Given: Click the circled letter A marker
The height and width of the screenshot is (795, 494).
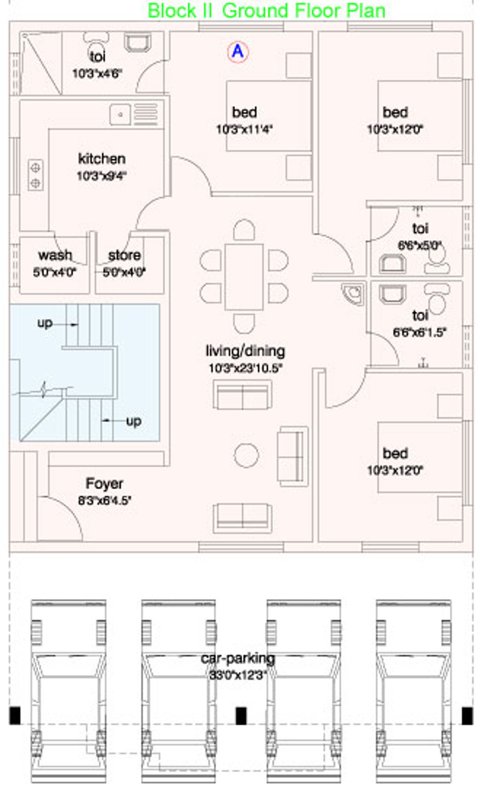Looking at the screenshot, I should [x=238, y=51].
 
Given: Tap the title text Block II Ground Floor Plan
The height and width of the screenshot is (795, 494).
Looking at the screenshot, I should [x=266, y=11].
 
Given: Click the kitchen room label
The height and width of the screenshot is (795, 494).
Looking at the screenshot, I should [x=102, y=159].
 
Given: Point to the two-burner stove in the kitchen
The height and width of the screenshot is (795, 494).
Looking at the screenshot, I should [x=36, y=176].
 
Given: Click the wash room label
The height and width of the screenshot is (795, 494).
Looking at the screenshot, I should [x=55, y=255].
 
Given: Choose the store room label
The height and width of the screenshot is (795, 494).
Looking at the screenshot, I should [x=124, y=255].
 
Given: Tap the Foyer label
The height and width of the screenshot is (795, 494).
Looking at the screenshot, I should [x=104, y=483].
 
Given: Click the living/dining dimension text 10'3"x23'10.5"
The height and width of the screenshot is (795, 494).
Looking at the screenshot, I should [x=245, y=368].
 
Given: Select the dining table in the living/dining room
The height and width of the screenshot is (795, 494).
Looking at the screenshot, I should [x=244, y=277].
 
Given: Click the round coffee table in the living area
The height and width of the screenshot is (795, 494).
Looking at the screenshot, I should [x=246, y=455].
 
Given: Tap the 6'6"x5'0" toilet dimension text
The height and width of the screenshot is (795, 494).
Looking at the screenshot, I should [x=420, y=245].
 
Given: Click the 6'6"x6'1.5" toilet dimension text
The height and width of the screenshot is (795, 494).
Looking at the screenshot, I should [x=419, y=332].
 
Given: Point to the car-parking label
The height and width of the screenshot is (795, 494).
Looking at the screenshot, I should [x=238, y=659].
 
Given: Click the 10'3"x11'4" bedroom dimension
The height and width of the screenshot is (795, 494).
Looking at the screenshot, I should [x=245, y=130].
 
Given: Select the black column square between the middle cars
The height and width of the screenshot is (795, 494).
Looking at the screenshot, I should [x=241, y=715].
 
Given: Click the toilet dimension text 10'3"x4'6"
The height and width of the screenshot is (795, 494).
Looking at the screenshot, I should [x=97, y=74].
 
